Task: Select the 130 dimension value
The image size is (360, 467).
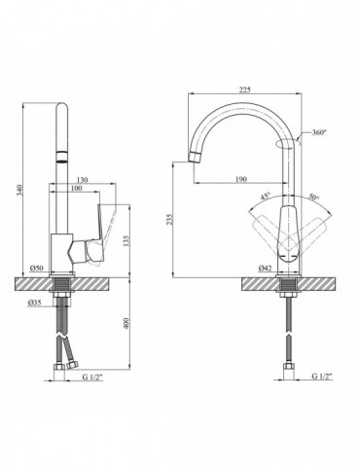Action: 83,180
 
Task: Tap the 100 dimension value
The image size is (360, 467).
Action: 77,188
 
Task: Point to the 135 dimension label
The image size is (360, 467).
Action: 126,240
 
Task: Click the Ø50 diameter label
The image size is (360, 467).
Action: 36,269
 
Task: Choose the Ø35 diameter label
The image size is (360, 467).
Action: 34,303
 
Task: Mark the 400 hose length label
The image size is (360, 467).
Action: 126,323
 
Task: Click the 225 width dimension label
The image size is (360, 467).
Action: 245,90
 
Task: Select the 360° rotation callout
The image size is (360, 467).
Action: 319,132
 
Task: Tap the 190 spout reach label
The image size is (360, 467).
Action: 241,179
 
